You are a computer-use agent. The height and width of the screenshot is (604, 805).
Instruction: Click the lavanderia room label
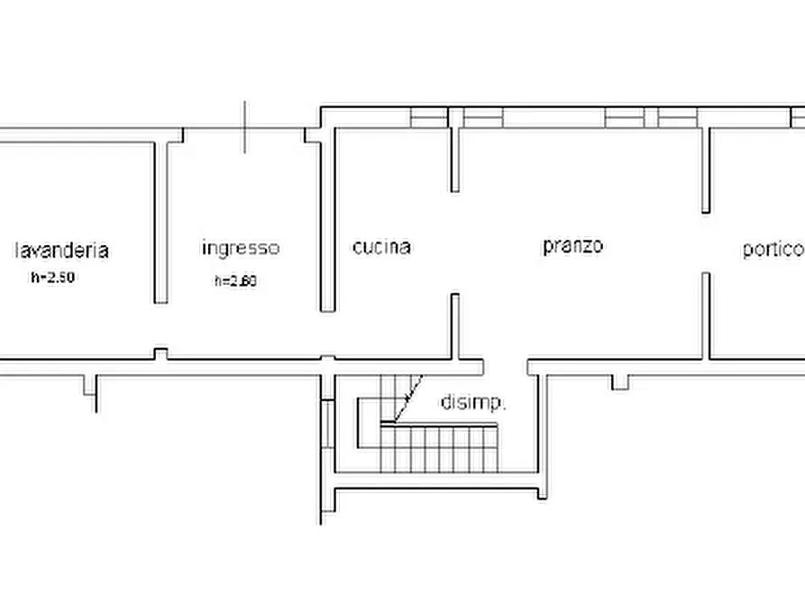(61, 250)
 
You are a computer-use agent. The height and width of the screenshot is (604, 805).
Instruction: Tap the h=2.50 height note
(52, 278)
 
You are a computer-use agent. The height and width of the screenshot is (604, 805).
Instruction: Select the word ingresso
(241, 247)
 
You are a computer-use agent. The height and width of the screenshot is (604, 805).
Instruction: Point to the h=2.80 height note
(235, 280)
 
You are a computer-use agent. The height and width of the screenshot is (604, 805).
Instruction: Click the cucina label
(381, 246)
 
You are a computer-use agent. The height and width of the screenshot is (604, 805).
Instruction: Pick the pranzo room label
(572, 245)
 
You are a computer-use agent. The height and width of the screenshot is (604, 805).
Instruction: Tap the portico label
(773, 249)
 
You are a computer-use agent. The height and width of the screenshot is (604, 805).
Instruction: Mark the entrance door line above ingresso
(245, 127)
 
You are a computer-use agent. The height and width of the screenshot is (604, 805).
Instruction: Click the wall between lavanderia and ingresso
(160, 221)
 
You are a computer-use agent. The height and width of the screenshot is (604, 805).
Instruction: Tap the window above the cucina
(429, 117)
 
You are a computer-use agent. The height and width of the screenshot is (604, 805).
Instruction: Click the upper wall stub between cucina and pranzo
(454, 160)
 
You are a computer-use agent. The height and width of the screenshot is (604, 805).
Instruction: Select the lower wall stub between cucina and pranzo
(454, 325)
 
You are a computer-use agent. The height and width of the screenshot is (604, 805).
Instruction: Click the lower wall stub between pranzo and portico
(706, 316)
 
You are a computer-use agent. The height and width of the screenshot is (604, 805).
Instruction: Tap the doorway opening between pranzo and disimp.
(505, 366)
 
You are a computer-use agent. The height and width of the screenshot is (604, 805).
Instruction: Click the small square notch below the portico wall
(620, 382)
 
